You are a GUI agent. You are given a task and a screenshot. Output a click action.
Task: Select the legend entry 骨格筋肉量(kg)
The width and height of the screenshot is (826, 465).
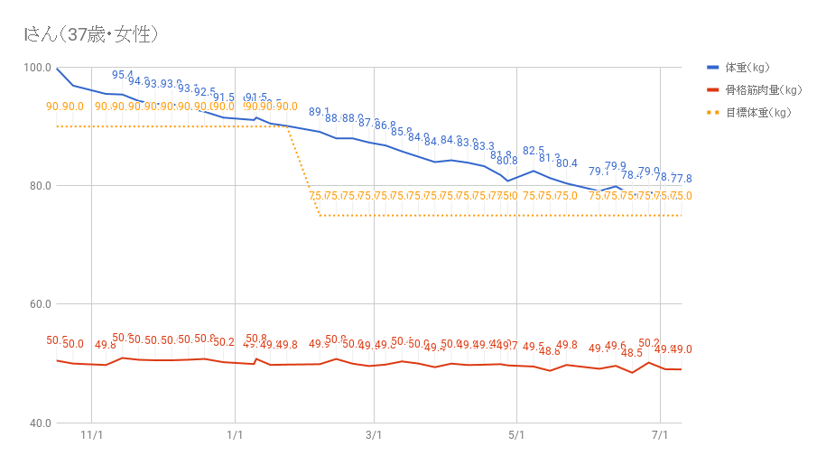[x=763, y=90]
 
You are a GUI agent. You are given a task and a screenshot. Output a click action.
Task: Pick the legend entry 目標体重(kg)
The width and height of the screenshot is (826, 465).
[x=758, y=113]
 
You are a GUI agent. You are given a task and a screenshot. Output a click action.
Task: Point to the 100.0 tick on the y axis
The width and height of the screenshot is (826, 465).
[x=37, y=68]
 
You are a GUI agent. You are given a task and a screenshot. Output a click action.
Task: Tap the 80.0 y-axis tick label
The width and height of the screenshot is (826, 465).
[x=37, y=186]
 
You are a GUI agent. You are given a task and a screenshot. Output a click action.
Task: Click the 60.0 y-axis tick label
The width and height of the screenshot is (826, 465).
[x=37, y=304]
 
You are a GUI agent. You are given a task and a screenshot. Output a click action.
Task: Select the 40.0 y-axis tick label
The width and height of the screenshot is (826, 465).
[x=37, y=423]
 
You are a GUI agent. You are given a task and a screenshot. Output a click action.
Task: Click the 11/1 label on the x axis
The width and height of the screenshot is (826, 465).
[x=92, y=435]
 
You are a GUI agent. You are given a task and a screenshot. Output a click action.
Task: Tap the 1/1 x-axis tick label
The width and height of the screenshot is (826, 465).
[x=235, y=435]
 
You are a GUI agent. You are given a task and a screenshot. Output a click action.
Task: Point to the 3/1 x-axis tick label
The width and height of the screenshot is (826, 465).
[x=374, y=435]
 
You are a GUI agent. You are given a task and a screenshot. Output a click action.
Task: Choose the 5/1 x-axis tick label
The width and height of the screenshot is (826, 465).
[x=515, y=435]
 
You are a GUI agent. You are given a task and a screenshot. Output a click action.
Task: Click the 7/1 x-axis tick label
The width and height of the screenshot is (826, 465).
[x=660, y=435]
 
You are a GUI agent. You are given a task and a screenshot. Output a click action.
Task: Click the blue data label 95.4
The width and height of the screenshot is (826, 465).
[x=123, y=75]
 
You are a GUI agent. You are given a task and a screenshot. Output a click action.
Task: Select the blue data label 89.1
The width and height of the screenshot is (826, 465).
[x=320, y=112]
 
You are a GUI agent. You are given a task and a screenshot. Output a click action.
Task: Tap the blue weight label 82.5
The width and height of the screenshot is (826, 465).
[x=534, y=151]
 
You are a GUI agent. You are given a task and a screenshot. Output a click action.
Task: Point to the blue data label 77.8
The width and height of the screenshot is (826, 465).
[x=682, y=179]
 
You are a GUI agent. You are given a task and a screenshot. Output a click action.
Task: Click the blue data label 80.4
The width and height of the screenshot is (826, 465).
[x=567, y=163]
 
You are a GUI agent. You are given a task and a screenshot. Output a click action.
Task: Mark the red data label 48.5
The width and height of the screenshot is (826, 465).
[x=632, y=353]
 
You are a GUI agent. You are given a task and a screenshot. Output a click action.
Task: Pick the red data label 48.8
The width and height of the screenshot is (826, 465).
[x=550, y=351]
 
